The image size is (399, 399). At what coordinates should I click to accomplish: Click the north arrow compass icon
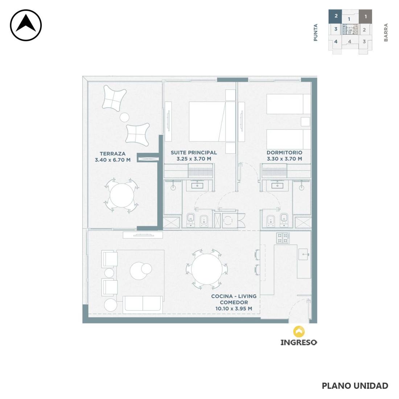(x=26, y=25)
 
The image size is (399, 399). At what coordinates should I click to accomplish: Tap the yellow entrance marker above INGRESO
(x=299, y=332)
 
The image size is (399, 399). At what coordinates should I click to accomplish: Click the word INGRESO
(x=299, y=342)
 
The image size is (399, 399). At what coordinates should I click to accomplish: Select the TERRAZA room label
(x=112, y=154)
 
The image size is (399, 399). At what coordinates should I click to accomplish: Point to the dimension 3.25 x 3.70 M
(x=194, y=159)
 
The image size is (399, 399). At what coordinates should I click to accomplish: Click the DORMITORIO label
(x=284, y=153)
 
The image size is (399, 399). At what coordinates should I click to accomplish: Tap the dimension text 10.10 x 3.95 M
(x=234, y=309)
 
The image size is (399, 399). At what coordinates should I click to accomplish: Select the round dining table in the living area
(x=207, y=269)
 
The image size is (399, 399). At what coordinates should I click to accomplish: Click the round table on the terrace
(x=122, y=196)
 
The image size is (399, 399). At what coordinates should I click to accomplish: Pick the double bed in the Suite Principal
(x=212, y=122)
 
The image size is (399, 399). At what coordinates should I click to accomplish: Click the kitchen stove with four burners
(x=283, y=238)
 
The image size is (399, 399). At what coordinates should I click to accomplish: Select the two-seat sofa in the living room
(x=143, y=305)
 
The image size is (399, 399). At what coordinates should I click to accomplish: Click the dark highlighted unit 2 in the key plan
(x=336, y=16)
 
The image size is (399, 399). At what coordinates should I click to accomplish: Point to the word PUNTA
(x=316, y=33)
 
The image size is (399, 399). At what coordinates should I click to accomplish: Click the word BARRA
(x=386, y=32)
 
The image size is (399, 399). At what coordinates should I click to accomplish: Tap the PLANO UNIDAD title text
(x=355, y=386)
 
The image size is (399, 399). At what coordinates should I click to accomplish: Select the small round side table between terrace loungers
(x=124, y=117)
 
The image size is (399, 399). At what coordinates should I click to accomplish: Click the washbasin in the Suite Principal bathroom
(x=197, y=185)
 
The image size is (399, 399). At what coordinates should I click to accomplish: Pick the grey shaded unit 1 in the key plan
(x=365, y=16)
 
